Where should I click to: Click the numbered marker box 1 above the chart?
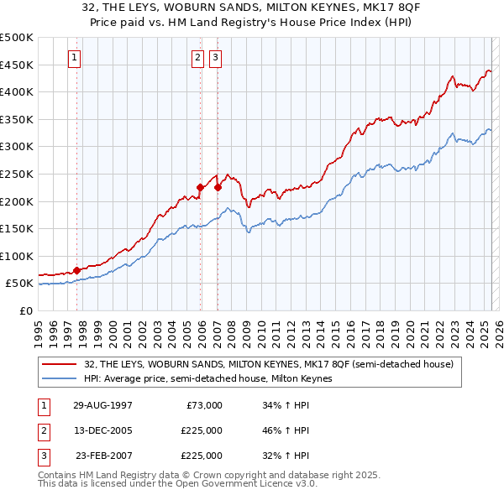[x=75, y=58]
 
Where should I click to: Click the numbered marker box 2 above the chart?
[x=197, y=58]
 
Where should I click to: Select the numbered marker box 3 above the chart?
[x=216, y=58]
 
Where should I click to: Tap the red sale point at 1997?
[x=77, y=270]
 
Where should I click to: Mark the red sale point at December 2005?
[x=201, y=187]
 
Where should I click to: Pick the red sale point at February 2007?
[x=218, y=187]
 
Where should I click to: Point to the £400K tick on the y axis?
[x=16, y=91]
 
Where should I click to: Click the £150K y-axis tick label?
[x=16, y=228]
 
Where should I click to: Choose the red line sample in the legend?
[x=61, y=364]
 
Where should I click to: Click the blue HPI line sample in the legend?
[x=61, y=378]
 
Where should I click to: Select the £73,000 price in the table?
[x=202, y=405]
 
